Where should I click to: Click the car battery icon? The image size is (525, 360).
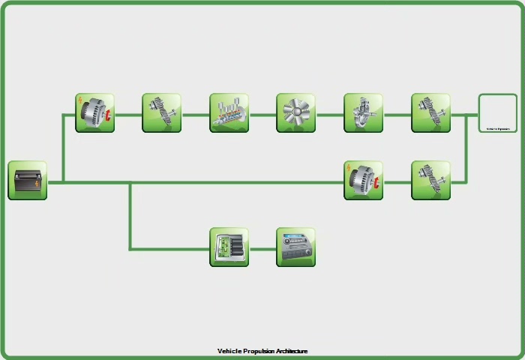click(x=28, y=181)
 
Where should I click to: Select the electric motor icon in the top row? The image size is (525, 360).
click(x=94, y=113)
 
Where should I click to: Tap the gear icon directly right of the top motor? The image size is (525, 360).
click(x=162, y=113)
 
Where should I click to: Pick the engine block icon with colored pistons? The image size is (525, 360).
click(x=229, y=113)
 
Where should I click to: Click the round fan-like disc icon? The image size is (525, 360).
click(x=295, y=113)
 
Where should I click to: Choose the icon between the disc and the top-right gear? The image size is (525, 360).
click(x=363, y=113)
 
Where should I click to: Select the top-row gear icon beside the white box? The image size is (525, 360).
click(x=430, y=113)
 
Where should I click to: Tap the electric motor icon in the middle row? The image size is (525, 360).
click(x=363, y=181)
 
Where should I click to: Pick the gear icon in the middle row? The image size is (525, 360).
click(x=430, y=181)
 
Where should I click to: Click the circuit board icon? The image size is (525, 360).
click(x=229, y=247)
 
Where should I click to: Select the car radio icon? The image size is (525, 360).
click(x=295, y=247)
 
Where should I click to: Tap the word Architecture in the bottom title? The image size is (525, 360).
click(x=292, y=351)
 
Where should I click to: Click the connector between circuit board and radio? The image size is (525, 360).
click(x=262, y=248)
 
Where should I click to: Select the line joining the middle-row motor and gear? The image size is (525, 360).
click(x=397, y=181)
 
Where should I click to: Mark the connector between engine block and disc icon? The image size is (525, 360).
click(x=262, y=115)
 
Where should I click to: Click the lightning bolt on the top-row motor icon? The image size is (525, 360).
click(x=81, y=100)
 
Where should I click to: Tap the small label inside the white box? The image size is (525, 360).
click(x=497, y=128)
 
